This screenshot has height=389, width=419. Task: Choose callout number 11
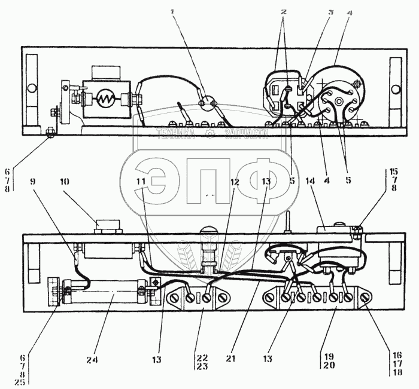[140, 180]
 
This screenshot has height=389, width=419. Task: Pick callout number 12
[236, 181]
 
